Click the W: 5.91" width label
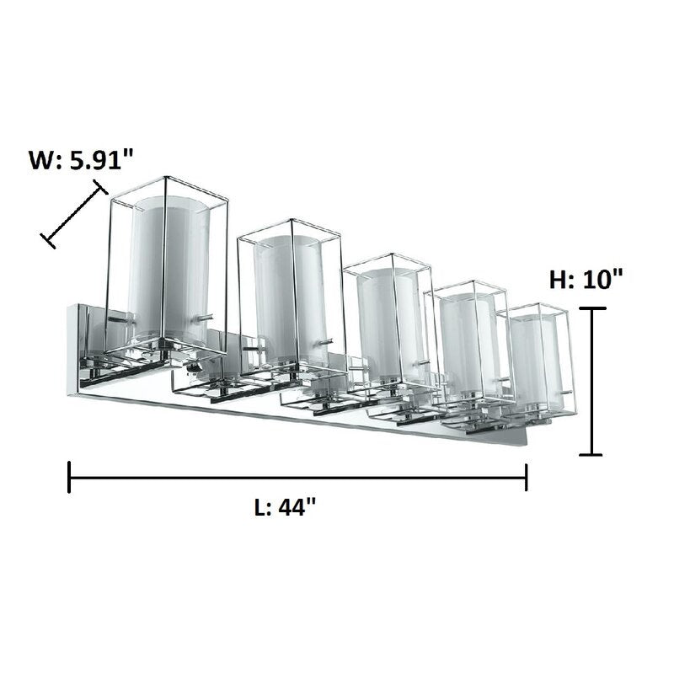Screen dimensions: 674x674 click(81, 160)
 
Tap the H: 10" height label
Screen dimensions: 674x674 click(586, 279)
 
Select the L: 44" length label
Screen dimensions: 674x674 click(286, 507)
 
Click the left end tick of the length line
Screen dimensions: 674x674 click(69, 477)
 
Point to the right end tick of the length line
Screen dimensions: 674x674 click(526, 477)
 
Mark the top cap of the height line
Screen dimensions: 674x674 click(592, 308)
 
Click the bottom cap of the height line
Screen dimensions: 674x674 click(591, 454)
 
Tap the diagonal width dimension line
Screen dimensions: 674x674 click(74, 214)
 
